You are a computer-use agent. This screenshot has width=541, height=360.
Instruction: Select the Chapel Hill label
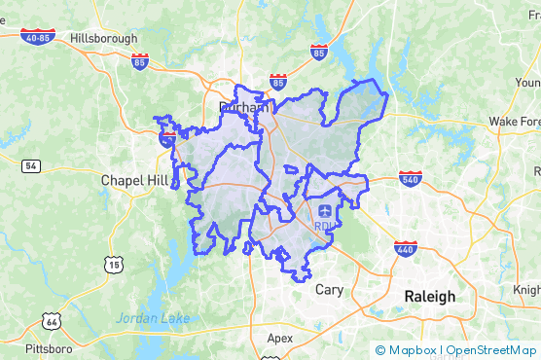pos(135,180)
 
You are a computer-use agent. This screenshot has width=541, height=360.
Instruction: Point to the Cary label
pos(328,289)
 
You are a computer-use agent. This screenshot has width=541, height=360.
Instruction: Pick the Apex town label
pos(279,338)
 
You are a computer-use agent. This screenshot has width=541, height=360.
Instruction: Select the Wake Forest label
pos(514,121)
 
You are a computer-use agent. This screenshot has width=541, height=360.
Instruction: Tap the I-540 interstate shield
pos(409,178)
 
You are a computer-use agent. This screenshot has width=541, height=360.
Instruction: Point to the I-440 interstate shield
pos(407,248)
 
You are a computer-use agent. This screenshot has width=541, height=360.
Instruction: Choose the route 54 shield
pos(32,166)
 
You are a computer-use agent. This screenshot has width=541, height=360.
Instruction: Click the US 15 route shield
pos(116,264)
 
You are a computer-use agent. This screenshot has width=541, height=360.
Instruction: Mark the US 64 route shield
pos(51,320)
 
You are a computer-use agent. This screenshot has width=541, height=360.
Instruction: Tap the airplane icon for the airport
pos(324,210)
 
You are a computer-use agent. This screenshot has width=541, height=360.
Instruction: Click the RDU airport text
pos(324,227)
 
